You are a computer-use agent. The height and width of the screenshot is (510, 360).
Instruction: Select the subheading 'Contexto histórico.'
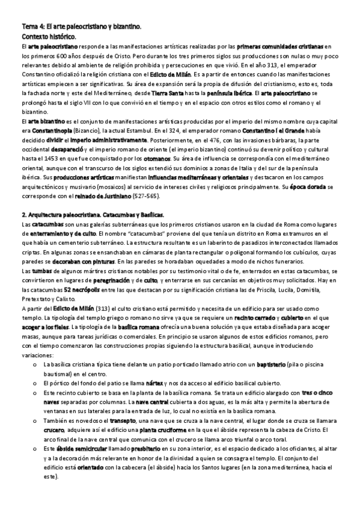click(49, 37)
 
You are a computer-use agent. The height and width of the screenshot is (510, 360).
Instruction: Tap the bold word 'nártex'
click(156, 375)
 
